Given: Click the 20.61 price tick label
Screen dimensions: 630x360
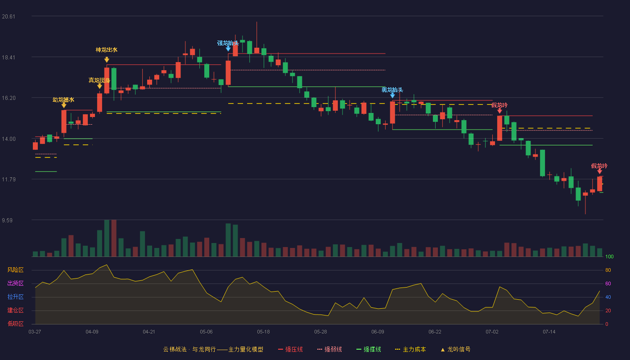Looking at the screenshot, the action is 9,17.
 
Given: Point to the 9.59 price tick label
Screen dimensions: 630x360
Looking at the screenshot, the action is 7,220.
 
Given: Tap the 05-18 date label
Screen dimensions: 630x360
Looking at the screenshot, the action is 263,332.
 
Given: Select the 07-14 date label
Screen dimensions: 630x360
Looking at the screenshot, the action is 549,332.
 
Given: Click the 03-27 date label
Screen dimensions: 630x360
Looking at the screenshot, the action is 35,332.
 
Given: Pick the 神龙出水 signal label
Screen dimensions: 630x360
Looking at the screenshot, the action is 107,50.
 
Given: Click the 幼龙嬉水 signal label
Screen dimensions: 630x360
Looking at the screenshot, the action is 63,99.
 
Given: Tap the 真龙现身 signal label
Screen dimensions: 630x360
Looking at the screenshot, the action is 99,80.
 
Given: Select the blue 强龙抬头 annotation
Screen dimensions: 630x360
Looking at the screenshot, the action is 228,43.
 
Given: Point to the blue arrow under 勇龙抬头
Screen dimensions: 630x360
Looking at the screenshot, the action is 392,95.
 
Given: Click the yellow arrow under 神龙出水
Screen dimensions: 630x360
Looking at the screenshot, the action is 107,59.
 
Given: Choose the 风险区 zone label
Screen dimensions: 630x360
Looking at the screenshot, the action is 15,270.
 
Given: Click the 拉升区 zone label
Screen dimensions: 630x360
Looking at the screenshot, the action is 15,297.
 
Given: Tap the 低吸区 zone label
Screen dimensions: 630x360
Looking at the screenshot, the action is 15,324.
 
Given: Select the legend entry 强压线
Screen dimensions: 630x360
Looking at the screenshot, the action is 290,349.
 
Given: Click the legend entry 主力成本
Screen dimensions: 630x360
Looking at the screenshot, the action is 410,349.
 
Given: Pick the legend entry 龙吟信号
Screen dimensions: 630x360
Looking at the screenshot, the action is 455,349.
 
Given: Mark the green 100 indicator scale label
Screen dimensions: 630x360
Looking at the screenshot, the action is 609,256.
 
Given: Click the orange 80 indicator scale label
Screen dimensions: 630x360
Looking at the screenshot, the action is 608,270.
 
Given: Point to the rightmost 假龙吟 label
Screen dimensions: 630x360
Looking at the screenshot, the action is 599,166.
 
